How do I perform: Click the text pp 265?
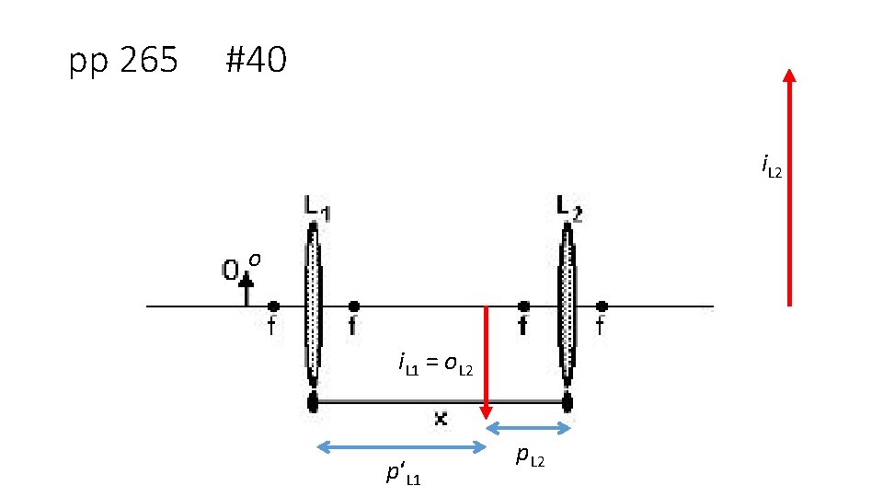click(123, 62)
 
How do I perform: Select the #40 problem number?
click(256, 62)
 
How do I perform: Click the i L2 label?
click(771, 166)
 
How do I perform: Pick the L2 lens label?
click(569, 208)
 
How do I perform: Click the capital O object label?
click(231, 271)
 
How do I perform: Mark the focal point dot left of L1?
click(273, 306)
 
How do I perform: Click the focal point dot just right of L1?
click(354, 306)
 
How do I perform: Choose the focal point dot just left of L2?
click(523, 306)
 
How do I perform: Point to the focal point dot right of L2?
click(602, 306)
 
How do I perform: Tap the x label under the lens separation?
click(441, 419)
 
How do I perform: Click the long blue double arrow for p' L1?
click(401, 447)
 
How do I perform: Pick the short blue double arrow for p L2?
click(529, 427)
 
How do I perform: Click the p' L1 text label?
click(404, 475)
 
